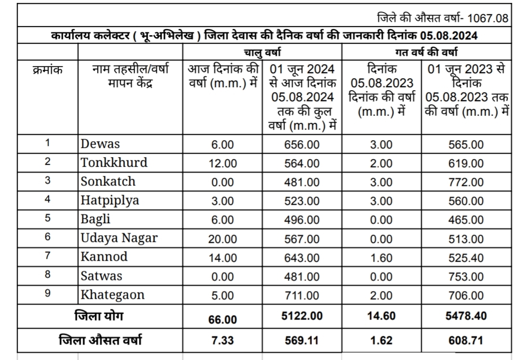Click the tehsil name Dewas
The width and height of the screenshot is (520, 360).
pos(100,144)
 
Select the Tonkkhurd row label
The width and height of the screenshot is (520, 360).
pos(114,162)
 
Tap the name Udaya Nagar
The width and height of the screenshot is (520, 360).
pos(119,238)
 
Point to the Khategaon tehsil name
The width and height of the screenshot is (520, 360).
pos(113,295)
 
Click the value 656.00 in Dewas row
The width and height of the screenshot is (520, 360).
pos(301,145)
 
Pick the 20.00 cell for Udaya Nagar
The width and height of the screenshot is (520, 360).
pos(222,239)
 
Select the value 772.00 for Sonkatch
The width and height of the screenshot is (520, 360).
pos(466,182)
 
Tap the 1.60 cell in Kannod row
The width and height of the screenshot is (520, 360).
pos(381,258)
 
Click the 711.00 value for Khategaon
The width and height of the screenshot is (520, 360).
pos(301,296)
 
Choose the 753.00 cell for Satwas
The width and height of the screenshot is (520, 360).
pos(466,277)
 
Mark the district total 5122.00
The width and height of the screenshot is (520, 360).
pos(301,316)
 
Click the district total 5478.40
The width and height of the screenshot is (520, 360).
pos(466,316)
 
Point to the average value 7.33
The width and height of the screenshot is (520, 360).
pos(222,340)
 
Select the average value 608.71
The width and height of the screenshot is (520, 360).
pos(466,340)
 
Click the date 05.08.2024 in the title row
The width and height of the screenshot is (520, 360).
pos(448,37)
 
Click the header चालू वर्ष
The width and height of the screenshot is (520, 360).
pos(262,52)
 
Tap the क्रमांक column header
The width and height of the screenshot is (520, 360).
pos(47,69)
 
